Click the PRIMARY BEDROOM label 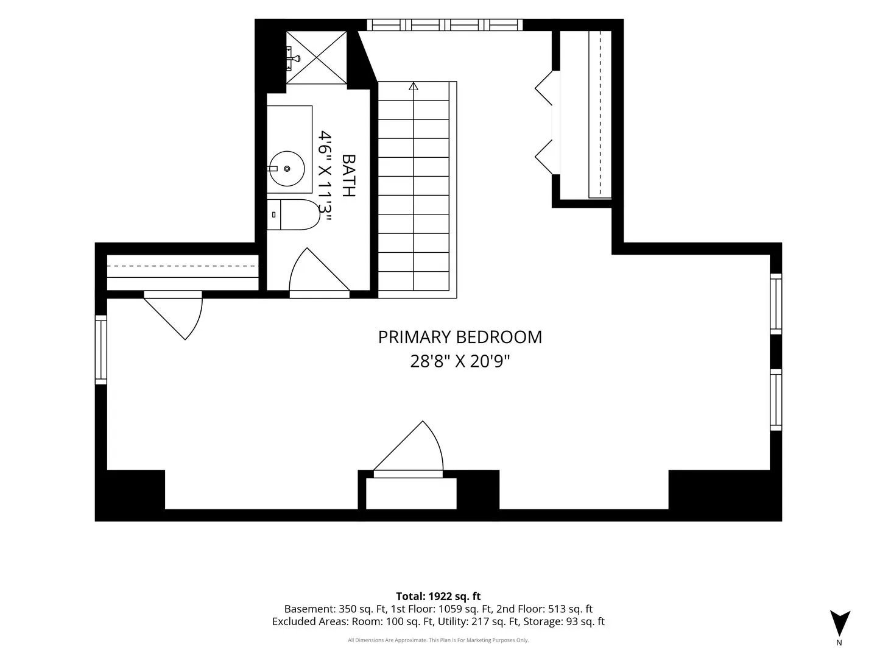(460, 337)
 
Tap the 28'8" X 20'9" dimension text (460, 362)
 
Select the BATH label (349, 175)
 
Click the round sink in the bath (287, 169)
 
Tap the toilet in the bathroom (294, 214)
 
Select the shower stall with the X (317, 57)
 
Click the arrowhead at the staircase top (414, 86)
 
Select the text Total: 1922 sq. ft (438, 596)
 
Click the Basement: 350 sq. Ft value (335, 609)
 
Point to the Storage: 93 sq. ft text (564, 621)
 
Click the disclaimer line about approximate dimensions (438, 640)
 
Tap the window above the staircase (445, 25)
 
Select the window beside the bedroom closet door (101, 350)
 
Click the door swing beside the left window (173, 315)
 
